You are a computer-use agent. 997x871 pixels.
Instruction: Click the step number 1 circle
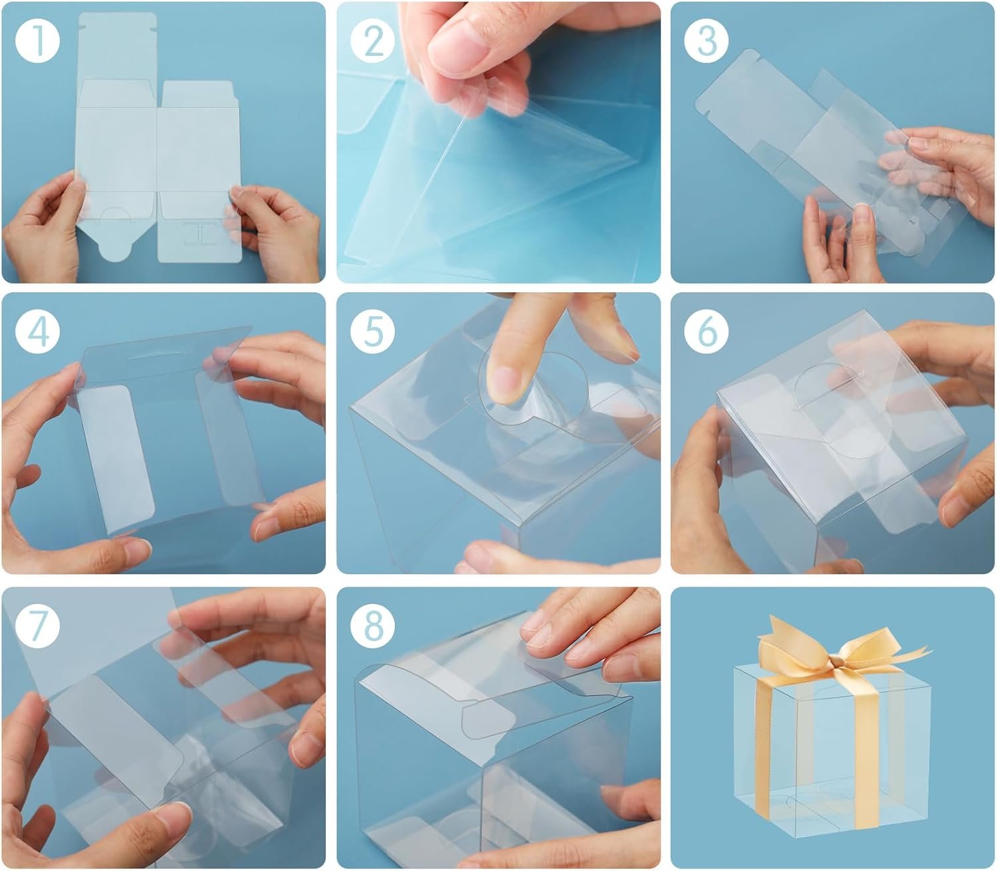click(x=37, y=41)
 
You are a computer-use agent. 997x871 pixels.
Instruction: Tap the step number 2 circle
click(x=373, y=41)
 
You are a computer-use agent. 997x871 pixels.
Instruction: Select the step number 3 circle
click(x=707, y=41)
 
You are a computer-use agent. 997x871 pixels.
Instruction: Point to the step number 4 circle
click(x=37, y=332)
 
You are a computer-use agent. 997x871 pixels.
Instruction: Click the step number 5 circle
click(x=373, y=332)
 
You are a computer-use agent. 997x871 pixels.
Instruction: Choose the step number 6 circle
click(x=707, y=332)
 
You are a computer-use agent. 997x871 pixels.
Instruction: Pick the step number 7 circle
click(x=37, y=625)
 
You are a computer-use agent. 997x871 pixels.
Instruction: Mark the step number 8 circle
click(x=373, y=625)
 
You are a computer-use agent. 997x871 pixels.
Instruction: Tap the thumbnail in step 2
click(x=457, y=47)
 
